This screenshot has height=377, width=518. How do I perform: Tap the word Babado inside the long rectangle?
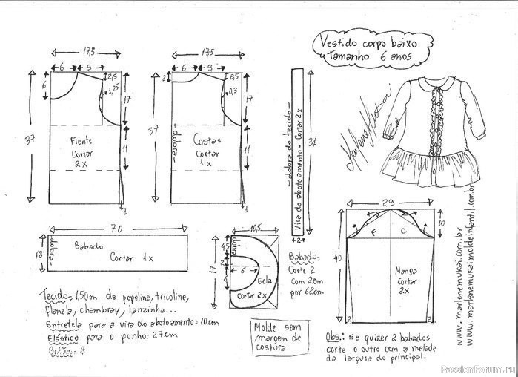point(89,244)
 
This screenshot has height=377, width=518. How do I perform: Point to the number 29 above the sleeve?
point(386,202)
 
